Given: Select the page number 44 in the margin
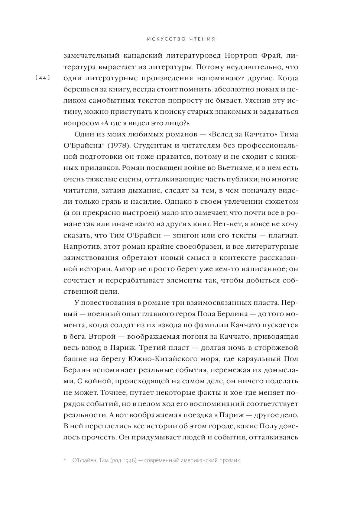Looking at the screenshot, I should tap(42, 78).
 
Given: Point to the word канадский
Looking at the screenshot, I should tap(146, 56).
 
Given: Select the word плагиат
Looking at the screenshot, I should tap(282, 235).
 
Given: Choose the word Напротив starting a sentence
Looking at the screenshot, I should tap(80, 246).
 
